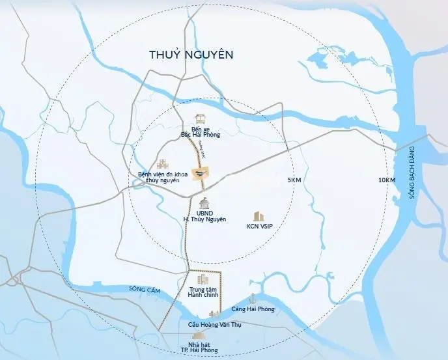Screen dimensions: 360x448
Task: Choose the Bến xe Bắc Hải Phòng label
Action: tap(201, 132)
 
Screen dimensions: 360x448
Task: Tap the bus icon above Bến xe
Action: tap(201, 119)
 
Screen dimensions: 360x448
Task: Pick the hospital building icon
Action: tap(162, 163)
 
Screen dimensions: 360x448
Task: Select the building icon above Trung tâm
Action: tap(202, 279)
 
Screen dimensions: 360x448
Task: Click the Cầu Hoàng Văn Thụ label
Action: tap(215, 324)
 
